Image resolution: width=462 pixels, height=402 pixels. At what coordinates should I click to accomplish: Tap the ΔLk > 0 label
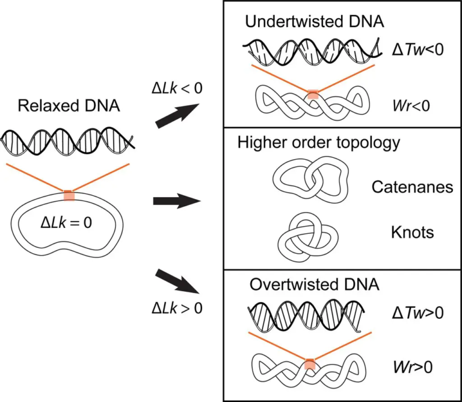tap(176, 307)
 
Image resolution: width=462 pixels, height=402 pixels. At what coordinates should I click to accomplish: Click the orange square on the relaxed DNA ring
tap(69, 195)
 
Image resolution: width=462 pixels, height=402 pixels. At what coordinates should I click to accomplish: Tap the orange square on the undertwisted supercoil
tap(313, 94)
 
